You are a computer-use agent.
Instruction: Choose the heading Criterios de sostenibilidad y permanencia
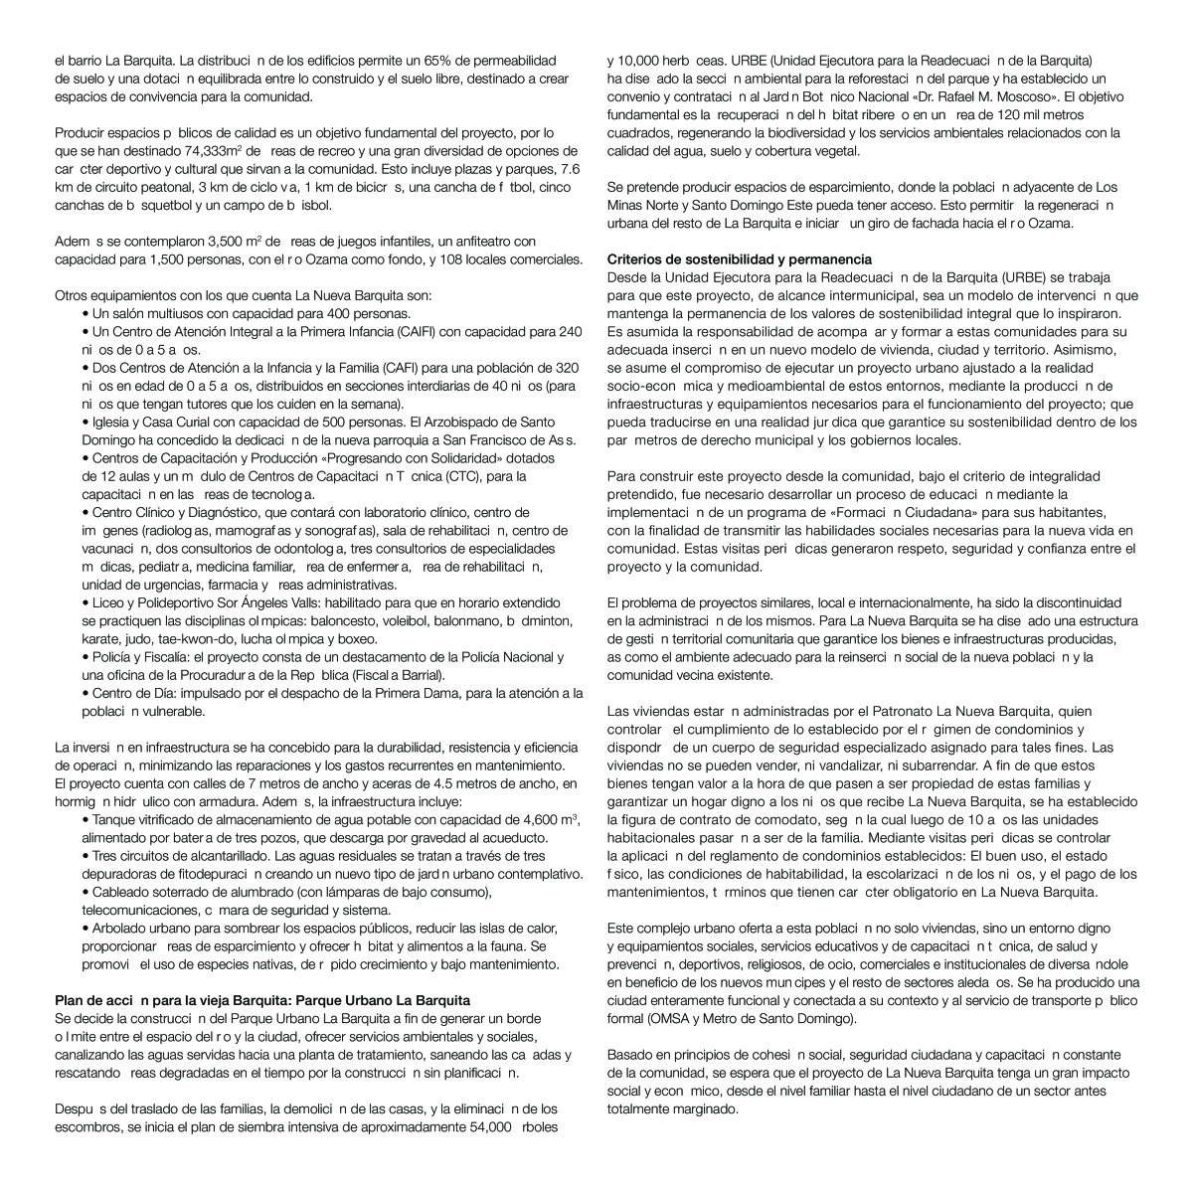coord(740,259)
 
